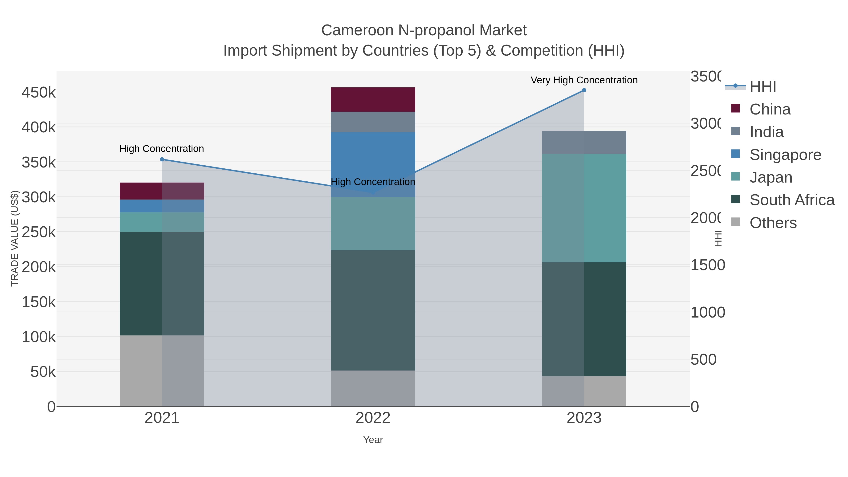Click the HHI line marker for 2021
point(162,159)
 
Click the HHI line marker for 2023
point(584,90)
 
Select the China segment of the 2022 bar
point(373,99)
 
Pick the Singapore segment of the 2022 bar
point(373,155)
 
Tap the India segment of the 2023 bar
point(584,142)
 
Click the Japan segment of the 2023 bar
point(584,208)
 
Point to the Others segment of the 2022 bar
point(373,388)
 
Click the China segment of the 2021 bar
point(162,191)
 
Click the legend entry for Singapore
point(785,155)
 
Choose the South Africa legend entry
point(792,200)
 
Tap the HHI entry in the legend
point(763,87)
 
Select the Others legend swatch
point(735,222)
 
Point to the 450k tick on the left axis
point(39,93)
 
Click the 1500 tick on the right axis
point(707,265)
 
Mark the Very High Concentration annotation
point(584,80)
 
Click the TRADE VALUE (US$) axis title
point(15,238)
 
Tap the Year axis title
point(373,440)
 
